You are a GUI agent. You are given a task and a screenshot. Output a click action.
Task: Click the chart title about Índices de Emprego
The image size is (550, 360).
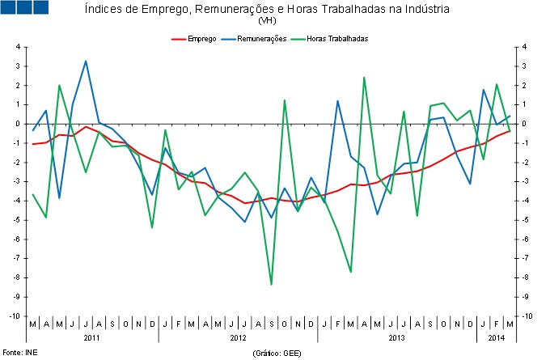pyautogui.click(x=268, y=9)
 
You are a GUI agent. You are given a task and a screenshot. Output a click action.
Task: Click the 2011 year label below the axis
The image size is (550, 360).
pyautogui.click(x=92, y=337)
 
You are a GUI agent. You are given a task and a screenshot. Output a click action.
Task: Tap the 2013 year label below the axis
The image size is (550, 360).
pyautogui.click(x=396, y=337)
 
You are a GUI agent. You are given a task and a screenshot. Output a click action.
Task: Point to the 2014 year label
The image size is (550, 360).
pyautogui.click(x=496, y=337)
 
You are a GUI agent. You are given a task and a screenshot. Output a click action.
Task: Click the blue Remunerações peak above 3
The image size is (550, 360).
pyautogui.click(x=86, y=61)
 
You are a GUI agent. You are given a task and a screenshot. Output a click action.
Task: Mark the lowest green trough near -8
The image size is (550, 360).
pyautogui.click(x=271, y=284)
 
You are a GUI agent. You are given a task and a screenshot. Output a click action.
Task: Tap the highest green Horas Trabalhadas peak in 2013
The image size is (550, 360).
pyautogui.click(x=364, y=78)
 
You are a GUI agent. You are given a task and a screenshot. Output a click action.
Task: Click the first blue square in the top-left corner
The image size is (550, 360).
pyautogui.click(x=9, y=8)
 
